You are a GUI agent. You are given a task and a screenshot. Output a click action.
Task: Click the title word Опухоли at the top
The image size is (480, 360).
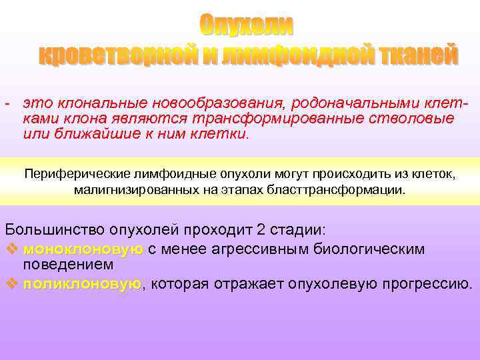coord(247,25)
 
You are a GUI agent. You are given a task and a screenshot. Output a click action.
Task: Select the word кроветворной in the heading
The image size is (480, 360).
coord(118,55)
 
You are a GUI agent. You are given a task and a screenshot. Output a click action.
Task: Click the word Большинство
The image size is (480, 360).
coord(46,230)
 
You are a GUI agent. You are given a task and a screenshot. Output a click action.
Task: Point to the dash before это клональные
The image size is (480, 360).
coord(6,104)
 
